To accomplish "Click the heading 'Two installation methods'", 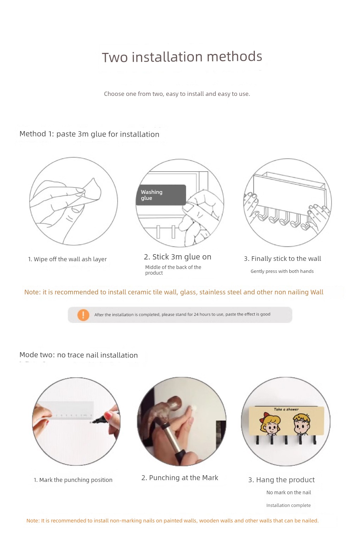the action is click(x=182, y=57).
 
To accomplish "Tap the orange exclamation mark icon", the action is click(x=83, y=315).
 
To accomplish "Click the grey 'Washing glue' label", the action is click(x=161, y=195).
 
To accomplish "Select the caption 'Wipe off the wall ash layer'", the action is click(x=70, y=259).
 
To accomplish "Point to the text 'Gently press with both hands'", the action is click(x=282, y=271).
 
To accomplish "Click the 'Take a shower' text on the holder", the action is click(x=286, y=409).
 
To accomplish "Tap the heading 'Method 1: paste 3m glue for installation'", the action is click(x=89, y=134).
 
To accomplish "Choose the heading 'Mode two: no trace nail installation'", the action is click(x=79, y=355).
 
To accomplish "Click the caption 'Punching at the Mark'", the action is click(x=183, y=478).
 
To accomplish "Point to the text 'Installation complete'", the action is click(x=288, y=506).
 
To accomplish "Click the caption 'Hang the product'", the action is click(x=286, y=480).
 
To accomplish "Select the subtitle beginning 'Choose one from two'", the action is click(x=177, y=94).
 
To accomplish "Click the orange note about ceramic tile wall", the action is click(x=174, y=292).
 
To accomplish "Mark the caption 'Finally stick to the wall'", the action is click(x=286, y=259).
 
